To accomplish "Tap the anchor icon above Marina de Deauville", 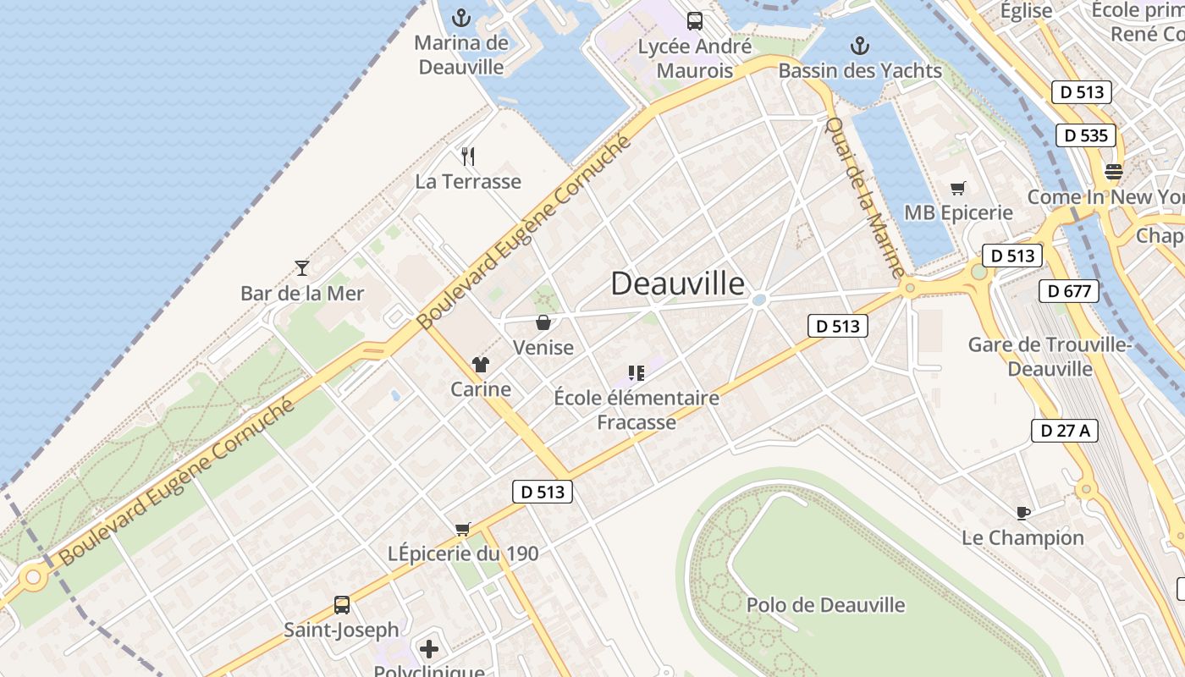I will pos(461,17).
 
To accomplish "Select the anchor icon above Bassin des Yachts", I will pos(860,45).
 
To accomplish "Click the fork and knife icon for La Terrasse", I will pos(468,156).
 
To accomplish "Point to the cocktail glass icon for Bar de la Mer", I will pos(302,268).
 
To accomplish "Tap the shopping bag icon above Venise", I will pos(543,322).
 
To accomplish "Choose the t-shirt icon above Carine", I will pos(481,365).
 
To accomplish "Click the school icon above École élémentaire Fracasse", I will pos(637,372).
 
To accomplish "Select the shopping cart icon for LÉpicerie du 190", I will pos(463,529).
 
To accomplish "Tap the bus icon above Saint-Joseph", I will pos(342,605).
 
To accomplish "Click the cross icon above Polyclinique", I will pos(429,649).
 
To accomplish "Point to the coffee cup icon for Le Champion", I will pos(1022,512).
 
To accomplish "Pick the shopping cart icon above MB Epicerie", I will pos(958,188).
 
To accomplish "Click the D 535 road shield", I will pos(1086,135).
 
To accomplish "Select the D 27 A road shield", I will pos(1065,430).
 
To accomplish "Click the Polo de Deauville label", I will pos(825,605).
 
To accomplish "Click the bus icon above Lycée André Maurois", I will pos(695,21).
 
